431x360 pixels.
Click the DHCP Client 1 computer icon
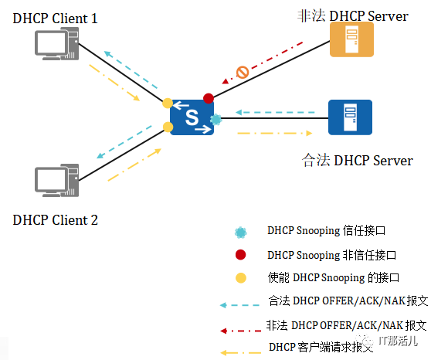(57, 44)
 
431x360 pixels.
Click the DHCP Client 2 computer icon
(57, 181)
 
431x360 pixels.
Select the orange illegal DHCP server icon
(351, 39)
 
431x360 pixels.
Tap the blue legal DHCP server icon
(350, 117)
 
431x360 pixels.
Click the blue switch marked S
(192, 117)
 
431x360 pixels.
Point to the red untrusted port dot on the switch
(209, 98)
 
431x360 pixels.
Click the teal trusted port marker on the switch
(215, 120)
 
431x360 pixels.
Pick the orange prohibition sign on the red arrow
(243, 73)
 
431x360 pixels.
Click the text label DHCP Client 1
(56, 19)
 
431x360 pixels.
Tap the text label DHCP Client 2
(56, 220)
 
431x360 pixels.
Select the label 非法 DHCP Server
(353, 16)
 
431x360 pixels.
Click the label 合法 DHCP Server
(358, 161)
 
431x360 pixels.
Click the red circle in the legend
(240, 255)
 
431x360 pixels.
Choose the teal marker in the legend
(240, 233)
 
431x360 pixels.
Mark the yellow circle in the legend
(240, 278)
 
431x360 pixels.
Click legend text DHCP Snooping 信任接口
(326, 230)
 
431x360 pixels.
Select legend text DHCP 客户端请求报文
(321, 347)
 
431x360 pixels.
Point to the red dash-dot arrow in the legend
(240, 331)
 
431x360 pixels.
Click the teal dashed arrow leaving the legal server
(275, 112)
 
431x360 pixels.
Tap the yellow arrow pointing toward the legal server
(275, 134)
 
